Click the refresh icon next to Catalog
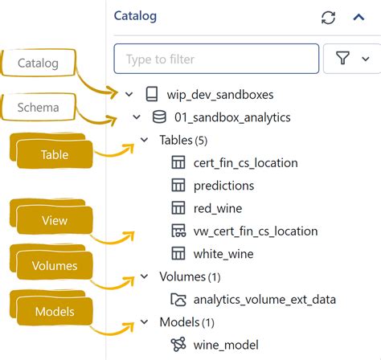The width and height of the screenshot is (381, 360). coord(327,18)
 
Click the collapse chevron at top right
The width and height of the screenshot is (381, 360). coord(358,18)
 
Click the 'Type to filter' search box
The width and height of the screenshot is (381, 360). coord(216,59)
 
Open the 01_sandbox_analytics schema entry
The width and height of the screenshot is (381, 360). coord(231,117)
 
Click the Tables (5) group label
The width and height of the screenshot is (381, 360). coord(183,140)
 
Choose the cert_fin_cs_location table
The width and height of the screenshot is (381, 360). coord(245,162)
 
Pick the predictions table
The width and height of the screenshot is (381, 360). coord(223,185)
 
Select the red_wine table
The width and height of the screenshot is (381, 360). coord(218,208)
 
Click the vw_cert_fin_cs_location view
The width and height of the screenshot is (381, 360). coord(255,231)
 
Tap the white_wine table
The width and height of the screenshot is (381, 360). coord(223,253)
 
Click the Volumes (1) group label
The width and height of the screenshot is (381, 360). coord(188,276)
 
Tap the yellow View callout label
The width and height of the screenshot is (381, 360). coord(54,219)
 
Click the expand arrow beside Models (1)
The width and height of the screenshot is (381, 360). coord(145,322)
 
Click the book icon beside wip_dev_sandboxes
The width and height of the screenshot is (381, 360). coord(152,95)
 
